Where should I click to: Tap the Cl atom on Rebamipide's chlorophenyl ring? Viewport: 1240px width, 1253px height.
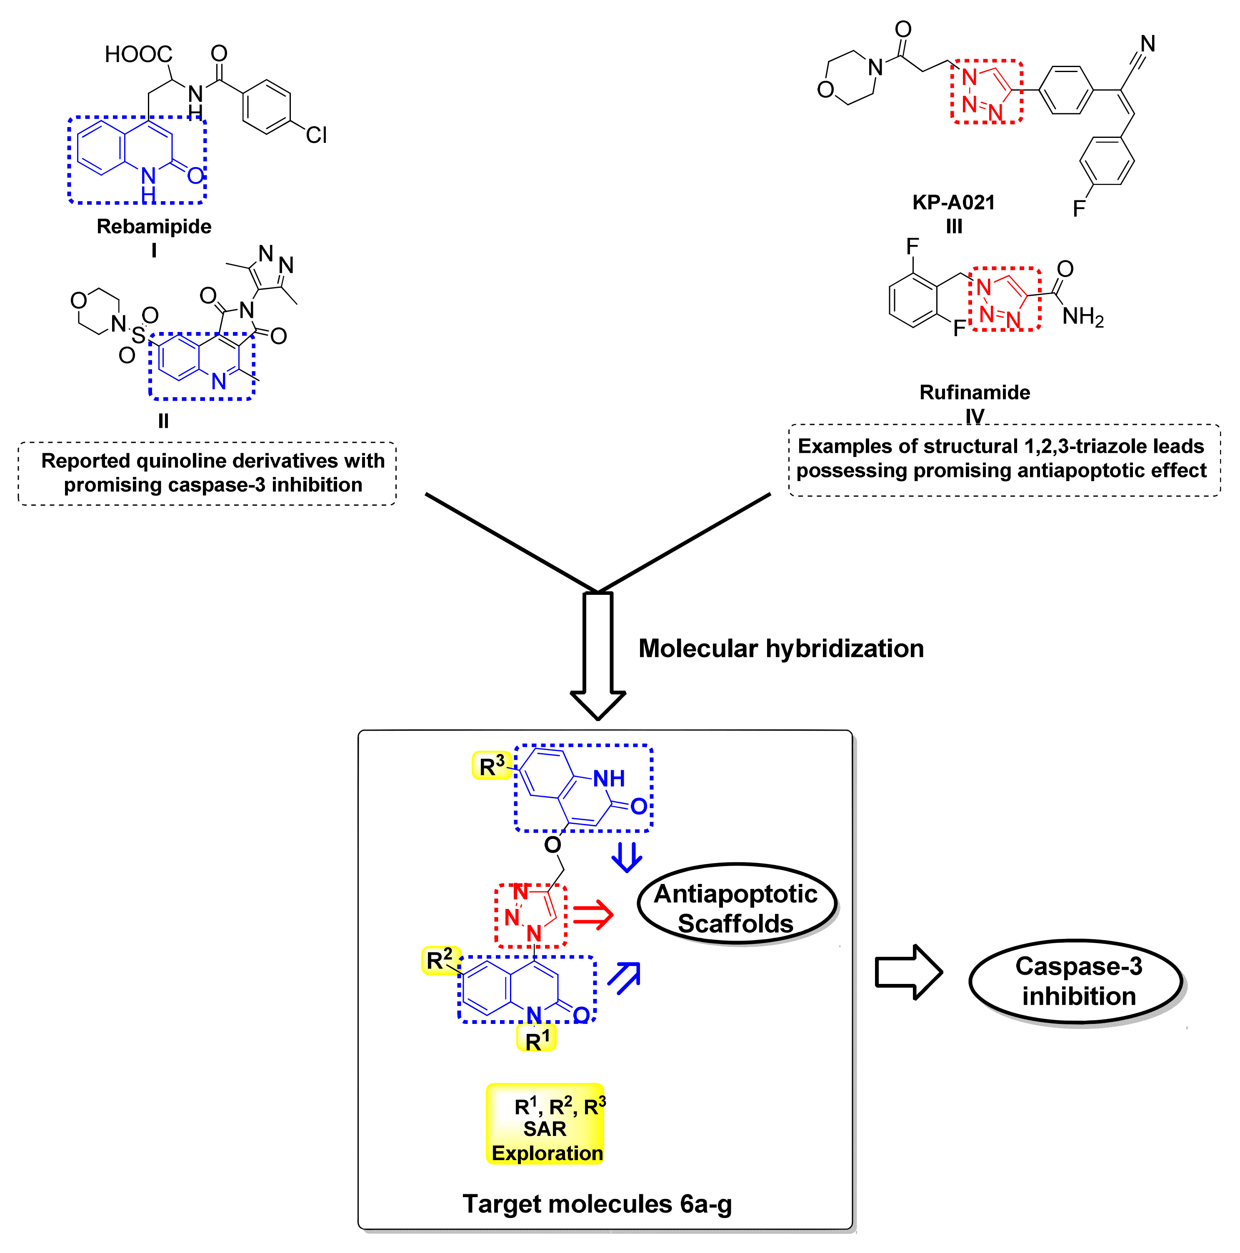click(x=316, y=135)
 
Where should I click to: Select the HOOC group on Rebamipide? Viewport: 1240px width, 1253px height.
click(x=138, y=55)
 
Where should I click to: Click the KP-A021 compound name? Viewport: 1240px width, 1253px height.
click(x=953, y=202)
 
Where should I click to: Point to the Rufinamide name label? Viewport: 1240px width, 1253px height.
click(x=975, y=392)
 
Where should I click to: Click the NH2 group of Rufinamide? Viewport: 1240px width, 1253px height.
click(x=1082, y=317)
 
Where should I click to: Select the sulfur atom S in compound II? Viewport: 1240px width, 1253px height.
click(x=138, y=334)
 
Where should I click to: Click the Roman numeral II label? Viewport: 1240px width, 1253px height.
click(x=163, y=422)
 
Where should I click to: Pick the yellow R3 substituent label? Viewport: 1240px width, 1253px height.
click(x=491, y=766)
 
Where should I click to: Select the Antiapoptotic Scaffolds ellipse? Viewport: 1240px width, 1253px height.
click(x=737, y=908)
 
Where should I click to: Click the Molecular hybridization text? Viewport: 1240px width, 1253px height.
click(x=780, y=649)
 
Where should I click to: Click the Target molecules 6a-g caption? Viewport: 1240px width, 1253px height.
click(x=597, y=1204)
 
